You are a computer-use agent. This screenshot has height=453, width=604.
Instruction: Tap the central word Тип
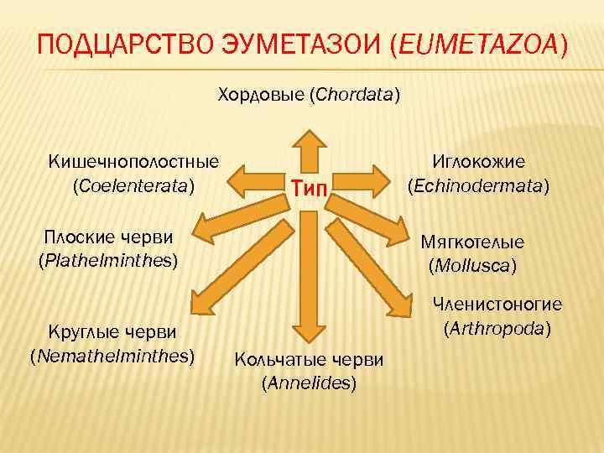[310, 186]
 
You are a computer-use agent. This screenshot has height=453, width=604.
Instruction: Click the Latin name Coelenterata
[134, 184]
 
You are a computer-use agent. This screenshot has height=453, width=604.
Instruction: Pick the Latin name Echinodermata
[479, 185]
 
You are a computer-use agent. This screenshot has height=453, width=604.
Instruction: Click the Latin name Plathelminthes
[109, 260]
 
